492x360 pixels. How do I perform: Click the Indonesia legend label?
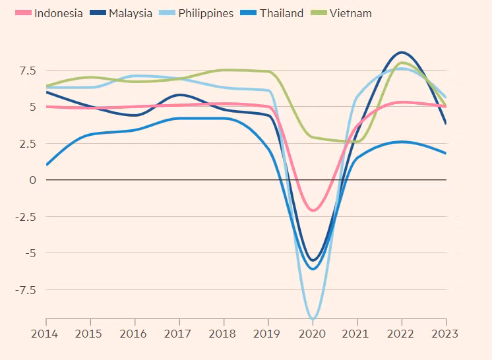pyautogui.click(x=58, y=13)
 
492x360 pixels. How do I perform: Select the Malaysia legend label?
pyautogui.click(x=130, y=13)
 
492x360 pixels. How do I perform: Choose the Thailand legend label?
pyautogui.click(x=281, y=13)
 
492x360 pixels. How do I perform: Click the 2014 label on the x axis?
pyautogui.click(x=46, y=333)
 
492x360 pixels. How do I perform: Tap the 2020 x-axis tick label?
pyautogui.click(x=313, y=333)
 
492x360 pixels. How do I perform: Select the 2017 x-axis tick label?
pyautogui.click(x=179, y=333)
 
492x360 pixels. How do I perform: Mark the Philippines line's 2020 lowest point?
pyautogui.click(x=313, y=318)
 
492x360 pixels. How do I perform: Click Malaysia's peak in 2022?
pyautogui.click(x=402, y=52)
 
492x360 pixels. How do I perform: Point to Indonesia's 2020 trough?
pyautogui.click(x=313, y=210)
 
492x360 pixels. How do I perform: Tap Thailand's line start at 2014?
pyautogui.click(x=47, y=165)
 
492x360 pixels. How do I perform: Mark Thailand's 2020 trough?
pyautogui.click(x=313, y=269)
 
